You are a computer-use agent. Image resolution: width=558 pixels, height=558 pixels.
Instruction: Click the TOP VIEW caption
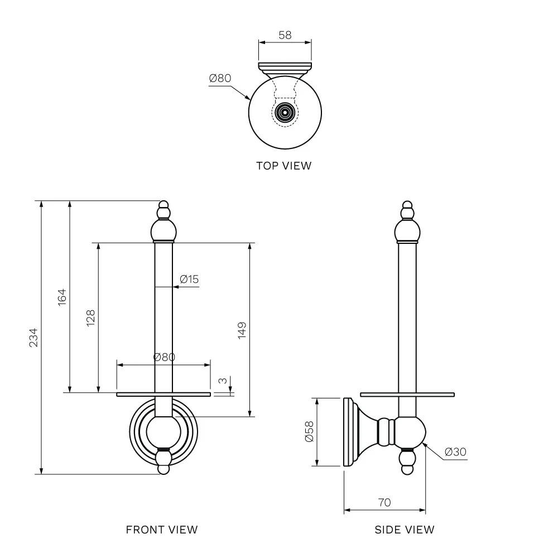click(283, 165)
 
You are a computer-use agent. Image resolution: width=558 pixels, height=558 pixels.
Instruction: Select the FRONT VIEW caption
click(162, 530)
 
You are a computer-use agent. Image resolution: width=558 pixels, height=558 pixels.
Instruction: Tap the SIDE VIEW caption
click(405, 530)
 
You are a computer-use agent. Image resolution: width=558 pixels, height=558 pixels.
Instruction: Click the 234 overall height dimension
click(33, 337)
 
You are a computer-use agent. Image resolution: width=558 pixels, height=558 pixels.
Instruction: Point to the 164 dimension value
click(62, 296)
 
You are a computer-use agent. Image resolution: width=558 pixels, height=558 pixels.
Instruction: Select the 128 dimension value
click(90, 318)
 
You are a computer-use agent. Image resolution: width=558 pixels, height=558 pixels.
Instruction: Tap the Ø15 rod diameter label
click(190, 279)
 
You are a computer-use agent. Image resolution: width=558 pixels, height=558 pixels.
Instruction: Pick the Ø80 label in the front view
click(164, 357)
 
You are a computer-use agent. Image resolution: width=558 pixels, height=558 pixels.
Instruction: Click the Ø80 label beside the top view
click(220, 78)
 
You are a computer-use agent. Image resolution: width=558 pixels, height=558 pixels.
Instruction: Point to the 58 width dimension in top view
click(285, 35)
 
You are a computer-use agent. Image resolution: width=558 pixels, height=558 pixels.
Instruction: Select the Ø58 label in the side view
click(310, 431)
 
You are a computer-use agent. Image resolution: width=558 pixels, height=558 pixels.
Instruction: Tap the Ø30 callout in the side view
click(456, 452)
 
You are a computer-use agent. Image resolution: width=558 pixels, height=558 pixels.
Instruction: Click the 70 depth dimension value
click(384, 502)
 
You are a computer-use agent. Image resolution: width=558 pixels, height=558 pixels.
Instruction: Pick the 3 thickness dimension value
click(223, 381)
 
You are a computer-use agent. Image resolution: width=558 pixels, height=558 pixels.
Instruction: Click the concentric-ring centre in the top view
click(285, 112)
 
